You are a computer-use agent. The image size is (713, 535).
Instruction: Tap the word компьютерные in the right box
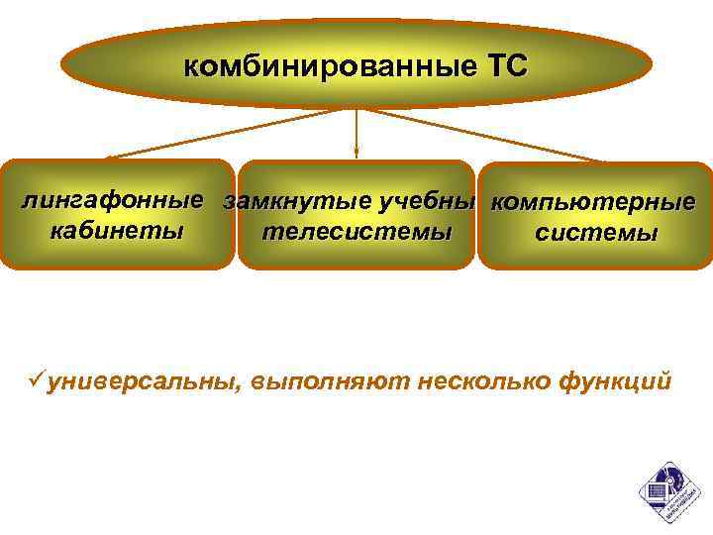click(x=593, y=203)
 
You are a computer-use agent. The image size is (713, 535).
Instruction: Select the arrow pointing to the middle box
click(x=356, y=129)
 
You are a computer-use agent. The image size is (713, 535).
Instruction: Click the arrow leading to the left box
click(x=228, y=133)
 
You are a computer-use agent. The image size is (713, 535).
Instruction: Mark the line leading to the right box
click(x=485, y=133)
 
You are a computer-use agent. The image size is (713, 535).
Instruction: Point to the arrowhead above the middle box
click(x=356, y=154)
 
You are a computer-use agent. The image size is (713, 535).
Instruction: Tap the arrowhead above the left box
click(x=110, y=156)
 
